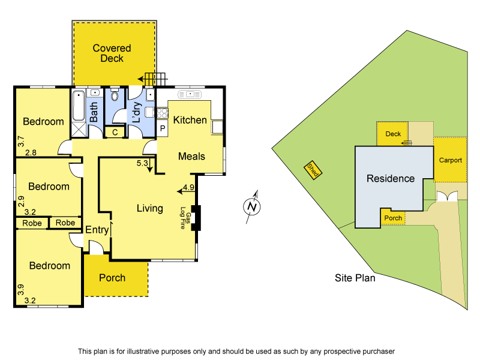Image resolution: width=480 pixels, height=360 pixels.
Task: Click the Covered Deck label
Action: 112,53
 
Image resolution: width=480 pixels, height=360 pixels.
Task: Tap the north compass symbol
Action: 253,207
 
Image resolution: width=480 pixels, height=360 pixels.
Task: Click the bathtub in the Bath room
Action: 79,106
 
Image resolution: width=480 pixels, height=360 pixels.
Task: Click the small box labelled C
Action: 114,132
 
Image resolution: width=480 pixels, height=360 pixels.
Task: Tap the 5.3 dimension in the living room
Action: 143,163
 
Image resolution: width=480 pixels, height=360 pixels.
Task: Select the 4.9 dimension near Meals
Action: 188,187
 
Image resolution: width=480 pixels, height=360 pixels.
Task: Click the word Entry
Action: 97,230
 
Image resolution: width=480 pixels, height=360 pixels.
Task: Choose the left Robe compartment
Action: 32,223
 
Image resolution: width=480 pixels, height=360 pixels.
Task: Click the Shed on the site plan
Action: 313,170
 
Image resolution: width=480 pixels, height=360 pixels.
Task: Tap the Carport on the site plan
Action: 450,160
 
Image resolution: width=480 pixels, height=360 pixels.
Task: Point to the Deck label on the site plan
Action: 393,134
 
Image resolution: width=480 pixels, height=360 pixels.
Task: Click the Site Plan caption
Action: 355,278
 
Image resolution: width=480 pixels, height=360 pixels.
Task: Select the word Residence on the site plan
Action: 391,178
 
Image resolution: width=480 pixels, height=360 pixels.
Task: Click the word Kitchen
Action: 190,120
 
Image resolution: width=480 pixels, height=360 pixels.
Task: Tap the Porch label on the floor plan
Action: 112,277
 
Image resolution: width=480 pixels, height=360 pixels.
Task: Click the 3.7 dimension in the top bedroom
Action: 20,142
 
